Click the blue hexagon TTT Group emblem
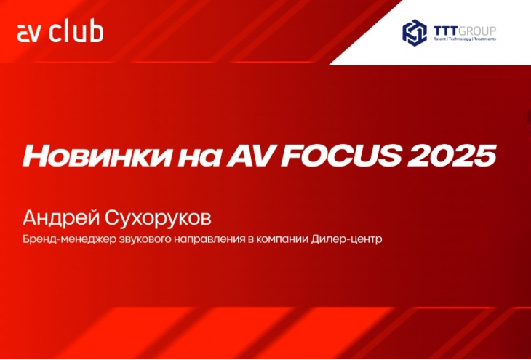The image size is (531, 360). (414, 33)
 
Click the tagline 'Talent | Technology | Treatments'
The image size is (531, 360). (465, 39)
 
